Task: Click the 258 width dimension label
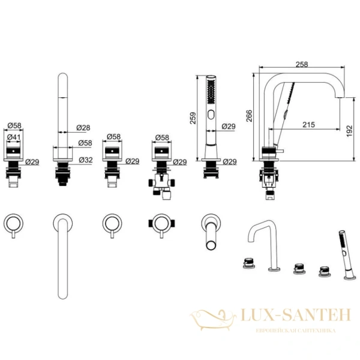coord(301,65)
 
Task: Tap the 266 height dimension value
coord(249,116)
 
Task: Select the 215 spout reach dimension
coord(308,125)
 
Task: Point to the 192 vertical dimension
coord(349,131)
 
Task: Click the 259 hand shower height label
coord(193,118)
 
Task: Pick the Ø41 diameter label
coord(14,137)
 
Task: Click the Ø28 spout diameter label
coord(83,128)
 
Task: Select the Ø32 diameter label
coord(86,160)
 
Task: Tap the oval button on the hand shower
coord(211,115)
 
